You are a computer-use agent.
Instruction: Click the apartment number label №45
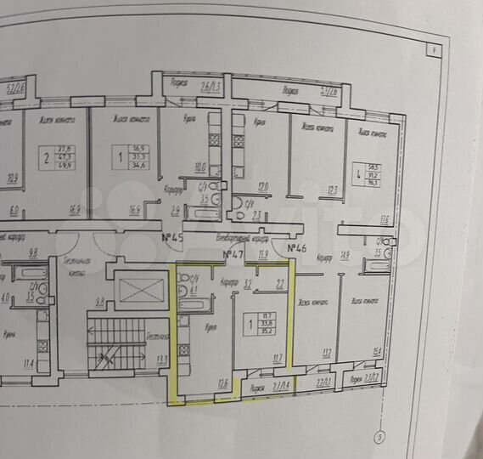[x=173, y=237]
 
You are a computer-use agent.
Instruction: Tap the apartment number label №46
[x=296, y=248]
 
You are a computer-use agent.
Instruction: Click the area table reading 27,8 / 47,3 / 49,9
[x=62, y=156]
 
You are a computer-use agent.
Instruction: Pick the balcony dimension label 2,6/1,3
[x=211, y=87]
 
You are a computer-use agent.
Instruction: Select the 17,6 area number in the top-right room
[x=385, y=220]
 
